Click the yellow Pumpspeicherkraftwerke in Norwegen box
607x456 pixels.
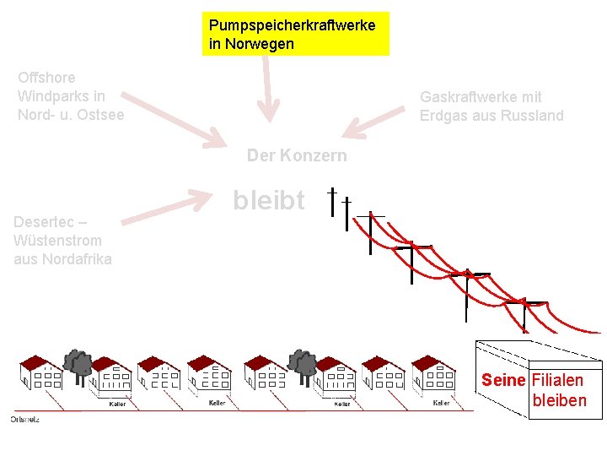[295, 34]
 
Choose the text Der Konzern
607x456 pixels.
[296, 156]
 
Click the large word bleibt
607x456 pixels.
[269, 200]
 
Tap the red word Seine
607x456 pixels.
[503, 380]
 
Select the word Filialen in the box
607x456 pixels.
[557, 380]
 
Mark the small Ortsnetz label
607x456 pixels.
[24, 420]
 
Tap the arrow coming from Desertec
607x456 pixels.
[169, 207]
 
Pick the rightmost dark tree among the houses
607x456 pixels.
[303, 363]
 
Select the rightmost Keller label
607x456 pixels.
[441, 404]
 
